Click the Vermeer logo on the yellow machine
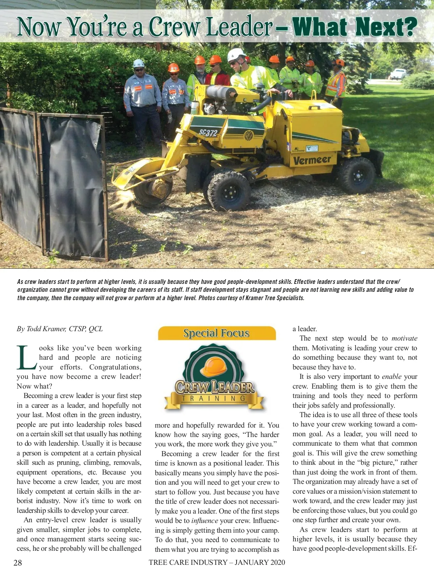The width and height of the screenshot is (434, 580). click(312, 160)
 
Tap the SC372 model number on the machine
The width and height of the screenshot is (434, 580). click(208, 133)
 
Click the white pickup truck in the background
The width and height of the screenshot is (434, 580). click(398, 74)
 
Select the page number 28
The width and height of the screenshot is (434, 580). click(18, 563)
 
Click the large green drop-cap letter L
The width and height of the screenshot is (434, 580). click(26, 358)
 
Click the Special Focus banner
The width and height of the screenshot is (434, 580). click(216, 333)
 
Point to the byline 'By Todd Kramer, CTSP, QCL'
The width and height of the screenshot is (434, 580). click(60, 329)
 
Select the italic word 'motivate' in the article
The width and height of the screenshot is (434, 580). click(404, 338)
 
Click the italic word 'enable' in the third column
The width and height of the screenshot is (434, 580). click(391, 376)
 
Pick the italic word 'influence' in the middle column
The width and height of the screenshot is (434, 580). click(205, 520)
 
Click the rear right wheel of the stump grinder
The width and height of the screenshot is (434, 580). click(357, 175)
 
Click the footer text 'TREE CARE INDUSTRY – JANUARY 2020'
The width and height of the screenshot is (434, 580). click(217, 562)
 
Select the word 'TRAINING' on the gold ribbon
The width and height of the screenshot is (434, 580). click(213, 398)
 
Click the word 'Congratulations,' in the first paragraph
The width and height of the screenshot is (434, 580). click(115, 367)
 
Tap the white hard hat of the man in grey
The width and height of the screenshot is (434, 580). click(139, 63)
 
